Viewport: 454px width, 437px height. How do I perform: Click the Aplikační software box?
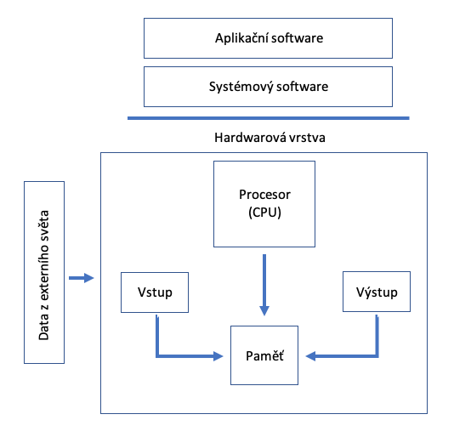268,38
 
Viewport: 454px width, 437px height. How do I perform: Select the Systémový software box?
268,87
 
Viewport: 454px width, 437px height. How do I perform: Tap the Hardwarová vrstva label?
270,138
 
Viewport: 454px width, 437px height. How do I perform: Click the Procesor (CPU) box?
264,204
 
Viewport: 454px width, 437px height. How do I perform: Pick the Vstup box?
155,292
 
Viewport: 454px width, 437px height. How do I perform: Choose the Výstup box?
377,292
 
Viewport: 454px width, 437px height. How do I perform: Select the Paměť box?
264,355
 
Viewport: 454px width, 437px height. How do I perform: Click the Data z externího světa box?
44,272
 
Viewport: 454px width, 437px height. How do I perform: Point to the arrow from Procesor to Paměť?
264,285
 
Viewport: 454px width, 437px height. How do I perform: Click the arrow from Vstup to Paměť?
157,355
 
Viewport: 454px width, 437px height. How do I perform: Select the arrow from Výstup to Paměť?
377,355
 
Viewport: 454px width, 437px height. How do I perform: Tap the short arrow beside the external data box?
82,278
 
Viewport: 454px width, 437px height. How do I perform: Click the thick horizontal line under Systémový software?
269,118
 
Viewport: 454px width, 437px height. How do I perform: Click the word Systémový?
241,87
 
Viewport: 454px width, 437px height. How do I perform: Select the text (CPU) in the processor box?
264,213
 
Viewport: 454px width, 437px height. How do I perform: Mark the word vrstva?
307,138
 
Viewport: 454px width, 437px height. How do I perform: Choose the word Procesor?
264,195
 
